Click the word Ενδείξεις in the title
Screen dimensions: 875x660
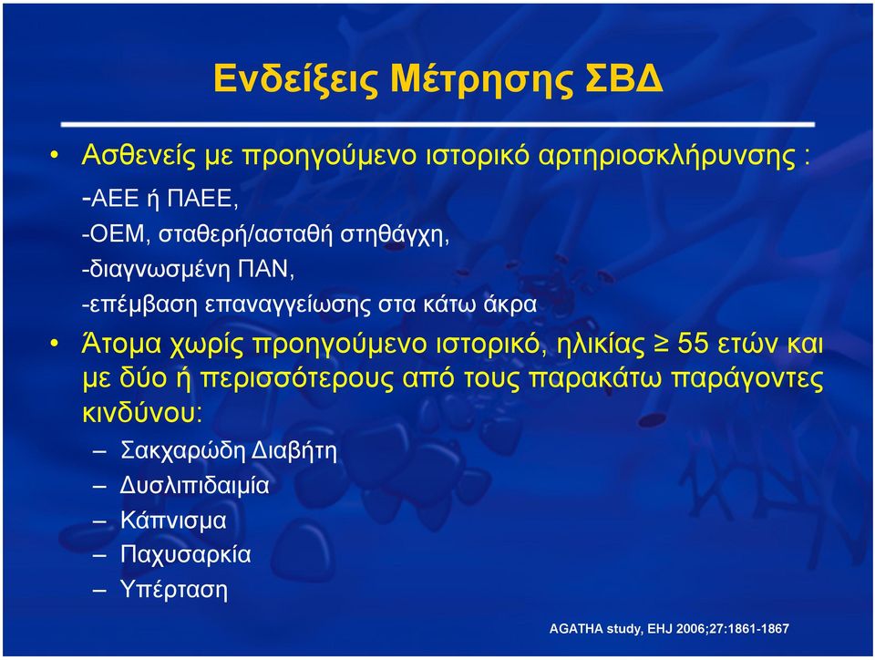click(296, 78)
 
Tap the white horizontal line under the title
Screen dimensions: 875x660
click(437, 124)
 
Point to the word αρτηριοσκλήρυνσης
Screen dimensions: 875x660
click(667, 156)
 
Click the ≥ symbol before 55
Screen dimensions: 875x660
click(661, 345)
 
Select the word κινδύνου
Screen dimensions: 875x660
click(142, 413)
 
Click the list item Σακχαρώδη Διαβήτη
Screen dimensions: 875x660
click(228, 450)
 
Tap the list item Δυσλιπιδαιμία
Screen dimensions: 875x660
click(194, 485)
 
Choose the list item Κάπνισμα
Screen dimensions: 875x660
click(173, 521)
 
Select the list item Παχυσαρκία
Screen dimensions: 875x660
click(185, 555)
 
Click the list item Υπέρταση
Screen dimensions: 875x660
click(173, 590)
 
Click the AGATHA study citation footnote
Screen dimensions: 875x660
click(669, 629)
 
